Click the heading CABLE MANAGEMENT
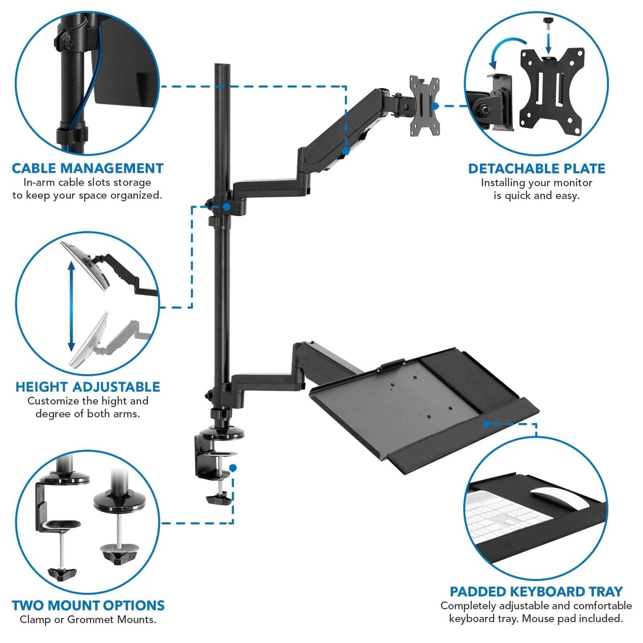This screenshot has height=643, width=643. (88, 168)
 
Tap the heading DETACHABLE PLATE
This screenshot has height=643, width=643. (537, 169)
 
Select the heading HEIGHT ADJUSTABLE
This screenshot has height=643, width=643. (88, 387)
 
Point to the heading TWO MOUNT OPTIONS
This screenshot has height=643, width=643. (88, 606)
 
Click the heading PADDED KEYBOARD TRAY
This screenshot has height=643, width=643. (536, 592)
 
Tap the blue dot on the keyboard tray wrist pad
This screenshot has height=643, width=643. (487, 424)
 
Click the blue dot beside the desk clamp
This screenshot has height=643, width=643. (233, 468)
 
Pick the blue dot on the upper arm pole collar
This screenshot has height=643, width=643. (227, 207)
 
